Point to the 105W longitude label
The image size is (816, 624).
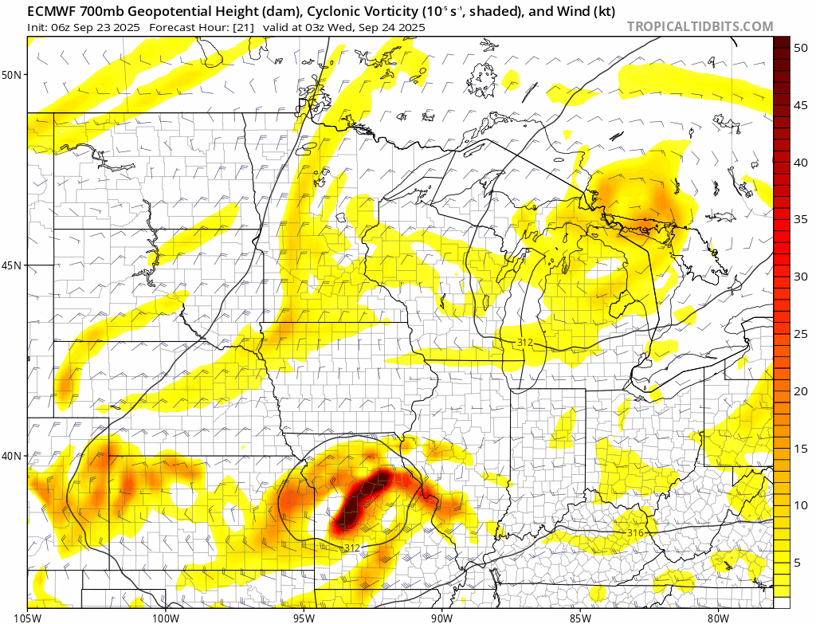pos(27,617)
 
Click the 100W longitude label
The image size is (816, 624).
pos(166,617)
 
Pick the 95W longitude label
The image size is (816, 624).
pos(304,617)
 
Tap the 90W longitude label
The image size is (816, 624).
pos(441,617)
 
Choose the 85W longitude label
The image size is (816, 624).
pos(580,617)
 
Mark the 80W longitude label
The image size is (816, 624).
pos(718,617)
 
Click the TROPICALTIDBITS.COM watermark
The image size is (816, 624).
pos(700,27)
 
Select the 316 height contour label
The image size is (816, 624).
pos(635,532)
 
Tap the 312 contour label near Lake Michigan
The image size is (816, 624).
pos(524,343)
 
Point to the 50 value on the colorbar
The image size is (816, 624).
pos(802,48)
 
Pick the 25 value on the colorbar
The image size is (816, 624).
pos(802,334)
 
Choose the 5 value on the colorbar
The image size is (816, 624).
pos(798,563)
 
